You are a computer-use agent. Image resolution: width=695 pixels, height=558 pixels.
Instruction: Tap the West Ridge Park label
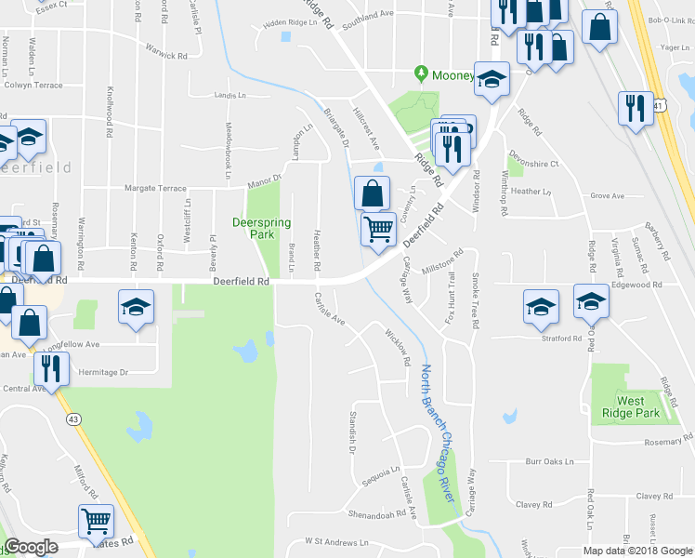[x=630, y=407]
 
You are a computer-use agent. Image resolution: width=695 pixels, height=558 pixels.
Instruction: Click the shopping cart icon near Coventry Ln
[x=377, y=228]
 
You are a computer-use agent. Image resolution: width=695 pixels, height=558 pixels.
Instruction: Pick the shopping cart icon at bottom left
[x=96, y=523]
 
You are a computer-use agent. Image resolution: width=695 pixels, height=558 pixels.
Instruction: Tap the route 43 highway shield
[x=72, y=421]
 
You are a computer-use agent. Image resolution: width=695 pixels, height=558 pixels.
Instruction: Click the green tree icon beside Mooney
[x=421, y=73]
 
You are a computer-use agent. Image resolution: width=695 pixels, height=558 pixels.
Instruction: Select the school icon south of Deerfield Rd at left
[x=135, y=305]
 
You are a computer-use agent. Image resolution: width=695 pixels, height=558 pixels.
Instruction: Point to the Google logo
[x=31, y=548]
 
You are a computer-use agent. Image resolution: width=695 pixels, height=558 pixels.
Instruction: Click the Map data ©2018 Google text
[x=637, y=551]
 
